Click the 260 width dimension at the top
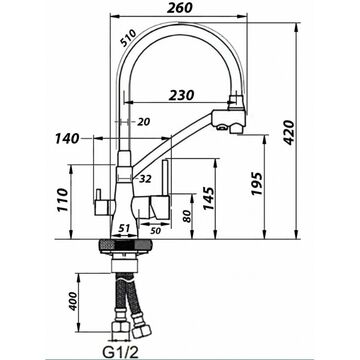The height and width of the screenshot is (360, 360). point(180,7)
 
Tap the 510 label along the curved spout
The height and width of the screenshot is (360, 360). point(128,38)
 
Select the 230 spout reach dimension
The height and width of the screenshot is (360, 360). point(181,95)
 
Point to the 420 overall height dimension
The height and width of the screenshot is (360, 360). point(289,132)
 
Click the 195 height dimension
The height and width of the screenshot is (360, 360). point(257,184)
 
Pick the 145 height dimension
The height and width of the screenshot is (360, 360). point(209,198)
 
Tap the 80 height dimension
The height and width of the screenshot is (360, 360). point(187,216)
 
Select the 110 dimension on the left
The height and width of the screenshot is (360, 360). point(62,200)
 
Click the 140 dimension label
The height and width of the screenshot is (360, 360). point(67,138)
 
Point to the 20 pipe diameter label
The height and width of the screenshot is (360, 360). point(144,122)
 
